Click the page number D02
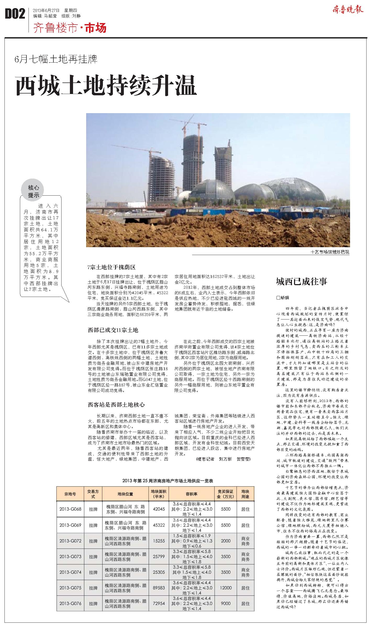pos(15,14)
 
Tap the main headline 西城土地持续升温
pos(106,86)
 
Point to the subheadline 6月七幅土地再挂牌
pos(56,59)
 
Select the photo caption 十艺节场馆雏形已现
pos(330,252)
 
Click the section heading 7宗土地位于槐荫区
pos(112,267)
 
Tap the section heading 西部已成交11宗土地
pos(113,330)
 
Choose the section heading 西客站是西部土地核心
pos(116,405)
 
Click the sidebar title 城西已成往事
pos(301,281)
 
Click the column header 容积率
pos(191,494)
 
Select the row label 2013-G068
pos(70,509)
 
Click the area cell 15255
pos(159,540)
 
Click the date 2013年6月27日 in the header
pos(46,10)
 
